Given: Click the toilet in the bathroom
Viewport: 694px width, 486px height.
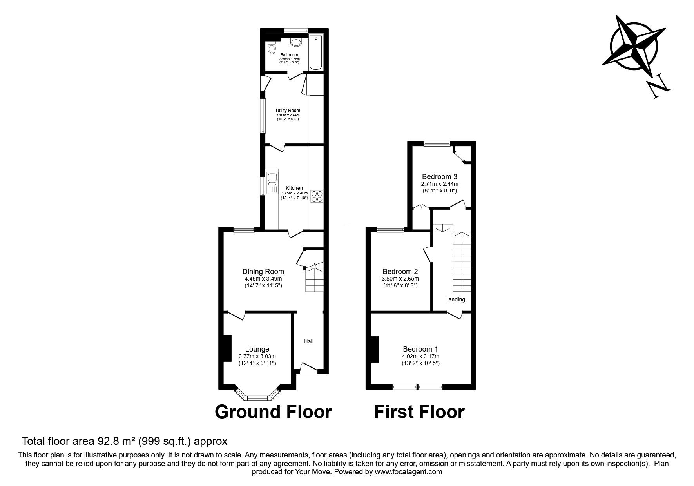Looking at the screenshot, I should point(271,49).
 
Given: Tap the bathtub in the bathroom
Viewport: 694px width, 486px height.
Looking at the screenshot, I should point(315,53).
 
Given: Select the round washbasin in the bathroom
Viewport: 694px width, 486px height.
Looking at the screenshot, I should point(296,42).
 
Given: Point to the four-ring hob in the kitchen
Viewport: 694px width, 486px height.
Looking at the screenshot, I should point(317,196).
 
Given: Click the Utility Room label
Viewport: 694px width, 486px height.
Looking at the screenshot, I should point(288,111).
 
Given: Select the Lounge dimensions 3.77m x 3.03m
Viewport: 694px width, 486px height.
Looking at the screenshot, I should point(257,356).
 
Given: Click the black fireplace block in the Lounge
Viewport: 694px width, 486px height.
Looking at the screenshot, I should point(227,348).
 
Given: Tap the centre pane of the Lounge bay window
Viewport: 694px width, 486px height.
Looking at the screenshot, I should point(257,398).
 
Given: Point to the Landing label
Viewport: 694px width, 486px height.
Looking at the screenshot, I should point(455,299).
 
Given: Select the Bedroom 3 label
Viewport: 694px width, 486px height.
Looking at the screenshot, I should point(439,176).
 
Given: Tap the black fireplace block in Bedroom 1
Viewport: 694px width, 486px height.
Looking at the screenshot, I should point(375,349).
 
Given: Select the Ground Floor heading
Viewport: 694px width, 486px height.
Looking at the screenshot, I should point(273,412).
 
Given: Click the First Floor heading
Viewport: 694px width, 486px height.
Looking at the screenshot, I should point(419,412).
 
